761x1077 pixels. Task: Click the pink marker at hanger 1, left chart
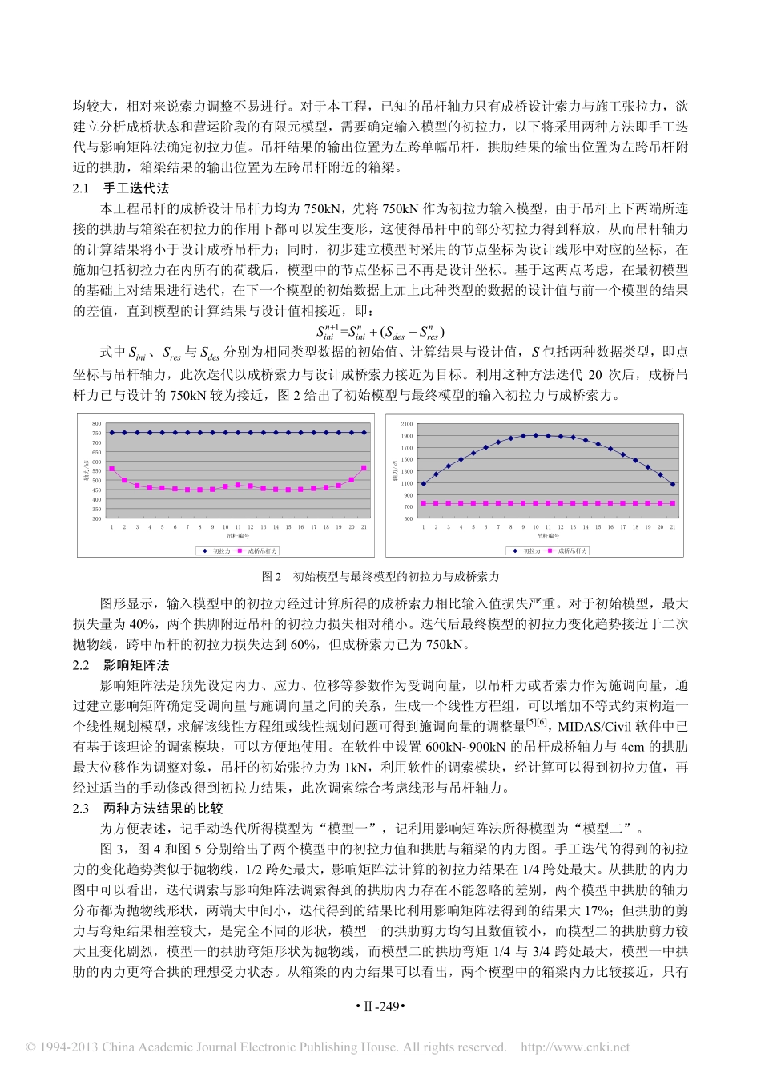click(112, 469)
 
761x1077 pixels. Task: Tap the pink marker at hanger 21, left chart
click(364, 468)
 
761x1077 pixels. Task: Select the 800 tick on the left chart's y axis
click(96, 423)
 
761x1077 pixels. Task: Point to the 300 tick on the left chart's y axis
click(96, 518)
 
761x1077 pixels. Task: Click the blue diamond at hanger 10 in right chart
click(535, 435)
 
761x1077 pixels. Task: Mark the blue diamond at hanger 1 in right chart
click(424, 484)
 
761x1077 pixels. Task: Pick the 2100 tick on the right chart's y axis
click(407, 424)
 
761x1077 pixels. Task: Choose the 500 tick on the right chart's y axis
click(408, 518)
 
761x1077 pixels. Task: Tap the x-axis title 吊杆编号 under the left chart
click(237, 535)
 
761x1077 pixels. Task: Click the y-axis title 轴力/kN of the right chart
click(394, 471)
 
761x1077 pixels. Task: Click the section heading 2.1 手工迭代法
click(121, 188)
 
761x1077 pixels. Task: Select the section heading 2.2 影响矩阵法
click(121, 665)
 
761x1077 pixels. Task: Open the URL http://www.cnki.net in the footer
click(575, 1047)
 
